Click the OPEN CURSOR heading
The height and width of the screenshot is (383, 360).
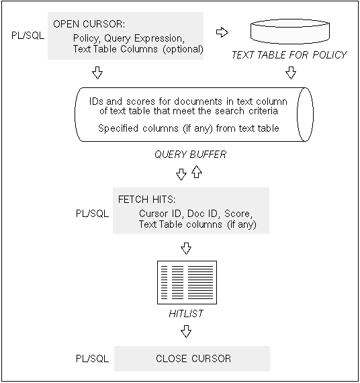click(89, 24)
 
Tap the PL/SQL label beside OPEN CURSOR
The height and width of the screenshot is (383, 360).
click(28, 36)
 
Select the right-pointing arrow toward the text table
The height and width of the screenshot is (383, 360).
click(222, 32)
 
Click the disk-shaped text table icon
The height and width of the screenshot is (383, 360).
click(290, 32)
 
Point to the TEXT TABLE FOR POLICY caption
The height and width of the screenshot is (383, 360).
click(289, 55)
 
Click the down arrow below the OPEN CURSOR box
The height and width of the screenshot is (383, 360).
click(97, 73)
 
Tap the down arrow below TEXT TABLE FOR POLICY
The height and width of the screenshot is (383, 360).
click(291, 73)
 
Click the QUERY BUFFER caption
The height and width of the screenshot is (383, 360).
click(191, 155)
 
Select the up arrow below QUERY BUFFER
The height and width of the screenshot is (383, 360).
click(197, 172)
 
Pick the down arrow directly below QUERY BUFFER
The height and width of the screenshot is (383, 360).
click(181, 175)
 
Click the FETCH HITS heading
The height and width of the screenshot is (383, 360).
click(147, 200)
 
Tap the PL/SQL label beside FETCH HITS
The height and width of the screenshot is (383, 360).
click(92, 214)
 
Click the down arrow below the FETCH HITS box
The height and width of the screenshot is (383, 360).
click(186, 249)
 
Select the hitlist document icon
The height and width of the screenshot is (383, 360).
click(187, 282)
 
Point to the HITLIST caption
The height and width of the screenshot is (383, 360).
click(186, 314)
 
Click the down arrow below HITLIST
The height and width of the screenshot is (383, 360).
click(186, 331)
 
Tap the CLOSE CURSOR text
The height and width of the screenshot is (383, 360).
click(193, 359)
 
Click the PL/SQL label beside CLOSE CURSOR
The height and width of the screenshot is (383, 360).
click(92, 359)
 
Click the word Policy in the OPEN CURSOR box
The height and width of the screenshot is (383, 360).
click(86, 38)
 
